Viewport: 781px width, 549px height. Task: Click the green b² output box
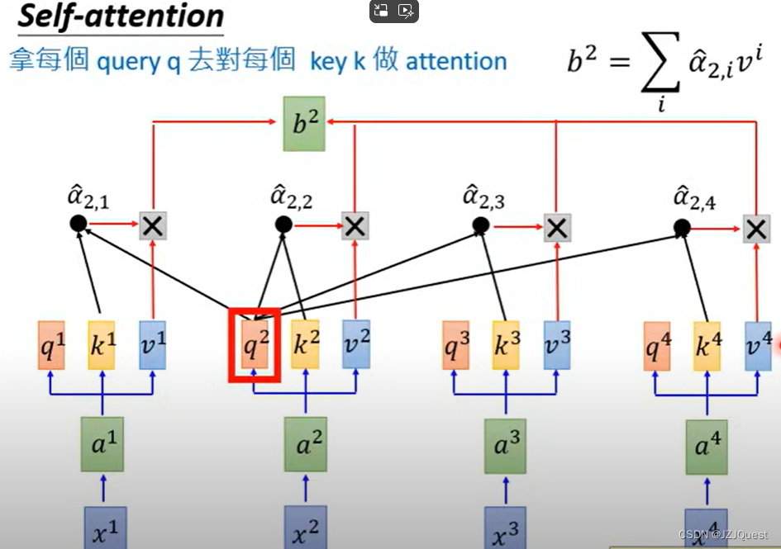click(304, 124)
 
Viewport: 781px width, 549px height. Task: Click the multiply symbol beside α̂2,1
click(152, 225)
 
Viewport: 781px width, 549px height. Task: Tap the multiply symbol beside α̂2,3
click(557, 227)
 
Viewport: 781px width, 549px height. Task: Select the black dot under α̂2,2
click(283, 224)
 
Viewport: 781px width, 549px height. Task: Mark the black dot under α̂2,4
click(681, 227)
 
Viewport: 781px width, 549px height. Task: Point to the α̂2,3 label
click(483, 198)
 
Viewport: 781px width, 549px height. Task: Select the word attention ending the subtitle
click(456, 61)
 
